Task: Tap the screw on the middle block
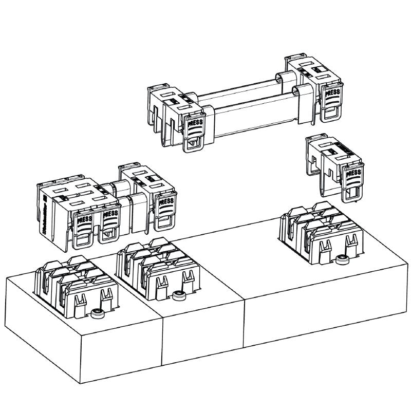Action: coord(178,295)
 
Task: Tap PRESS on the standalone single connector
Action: coord(353,175)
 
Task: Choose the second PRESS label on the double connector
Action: coord(109,214)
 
